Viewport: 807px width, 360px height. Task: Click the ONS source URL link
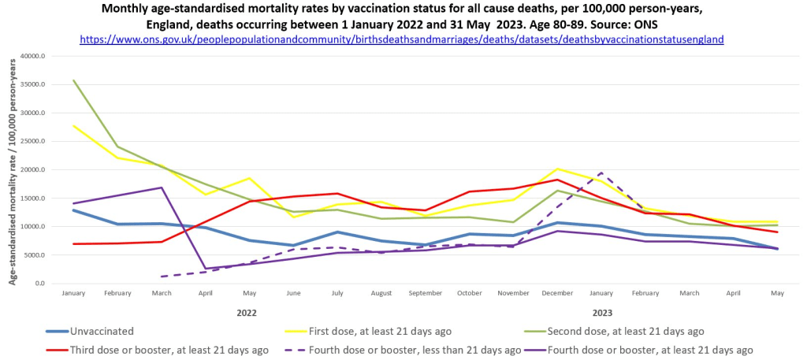pos(403,39)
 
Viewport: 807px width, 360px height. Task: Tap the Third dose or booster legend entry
pos(169,349)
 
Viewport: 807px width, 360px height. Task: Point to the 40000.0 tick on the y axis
pos(32,57)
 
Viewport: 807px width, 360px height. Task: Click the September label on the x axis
pos(426,293)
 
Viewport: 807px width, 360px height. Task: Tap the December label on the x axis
pos(559,293)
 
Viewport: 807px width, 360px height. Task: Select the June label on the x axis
pos(294,293)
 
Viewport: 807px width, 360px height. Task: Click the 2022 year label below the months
pos(247,312)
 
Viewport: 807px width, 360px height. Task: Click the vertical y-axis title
pos(12,169)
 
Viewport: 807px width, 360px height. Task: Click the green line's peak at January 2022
pos(73,80)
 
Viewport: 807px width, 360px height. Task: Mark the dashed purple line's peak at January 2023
pos(601,173)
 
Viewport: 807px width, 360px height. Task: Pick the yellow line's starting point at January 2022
pos(73,126)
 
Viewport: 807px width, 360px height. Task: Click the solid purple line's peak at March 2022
pos(162,187)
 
